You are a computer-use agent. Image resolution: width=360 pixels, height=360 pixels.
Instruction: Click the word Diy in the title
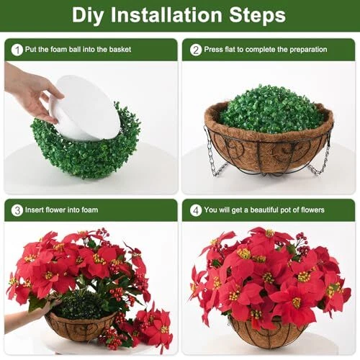coord(88,16)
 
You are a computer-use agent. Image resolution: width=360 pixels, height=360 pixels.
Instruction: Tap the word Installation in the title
coord(166,15)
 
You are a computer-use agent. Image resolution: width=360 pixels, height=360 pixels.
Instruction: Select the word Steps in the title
coord(257,16)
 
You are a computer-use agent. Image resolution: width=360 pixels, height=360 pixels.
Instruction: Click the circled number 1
coord(17,50)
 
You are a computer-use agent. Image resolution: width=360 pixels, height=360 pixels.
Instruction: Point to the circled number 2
coord(196,50)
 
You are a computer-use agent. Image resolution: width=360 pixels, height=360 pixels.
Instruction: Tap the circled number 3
coord(17,210)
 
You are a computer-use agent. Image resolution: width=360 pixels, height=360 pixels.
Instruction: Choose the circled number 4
coord(196,210)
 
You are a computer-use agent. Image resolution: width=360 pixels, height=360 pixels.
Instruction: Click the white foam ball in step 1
coord(85,108)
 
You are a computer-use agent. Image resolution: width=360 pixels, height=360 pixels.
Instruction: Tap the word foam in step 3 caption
coord(89,210)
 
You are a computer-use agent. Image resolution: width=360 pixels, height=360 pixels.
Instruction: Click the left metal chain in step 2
coord(215,153)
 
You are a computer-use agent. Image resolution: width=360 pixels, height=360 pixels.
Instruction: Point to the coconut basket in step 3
coord(81,326)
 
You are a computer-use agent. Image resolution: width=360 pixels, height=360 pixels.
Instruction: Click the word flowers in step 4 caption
coord(312,210)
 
